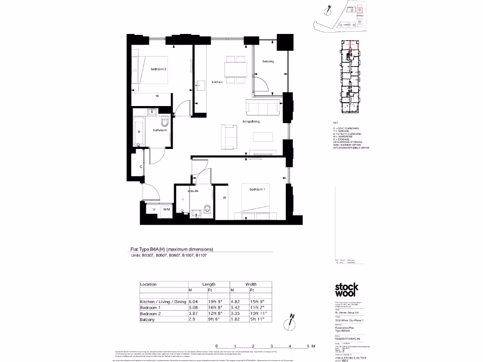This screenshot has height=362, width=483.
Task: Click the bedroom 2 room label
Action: tap(158, 69)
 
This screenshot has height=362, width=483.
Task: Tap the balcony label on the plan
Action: tap(268, 62)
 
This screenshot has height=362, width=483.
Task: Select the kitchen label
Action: tap(217, 82)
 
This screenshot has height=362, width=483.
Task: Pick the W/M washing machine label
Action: tap(166, 209)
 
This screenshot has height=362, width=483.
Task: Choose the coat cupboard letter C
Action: tap(141, 167)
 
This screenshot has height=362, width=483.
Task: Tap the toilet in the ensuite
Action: tap(207, 208)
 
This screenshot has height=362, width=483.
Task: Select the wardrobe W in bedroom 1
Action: tap(225, 198)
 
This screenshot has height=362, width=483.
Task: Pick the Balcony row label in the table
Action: tap(148, 320)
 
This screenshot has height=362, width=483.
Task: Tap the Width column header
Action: tap(250, 284)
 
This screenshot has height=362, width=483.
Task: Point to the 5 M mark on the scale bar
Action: tap(308, 346)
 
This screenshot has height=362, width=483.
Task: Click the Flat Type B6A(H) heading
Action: tap(172, 249)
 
